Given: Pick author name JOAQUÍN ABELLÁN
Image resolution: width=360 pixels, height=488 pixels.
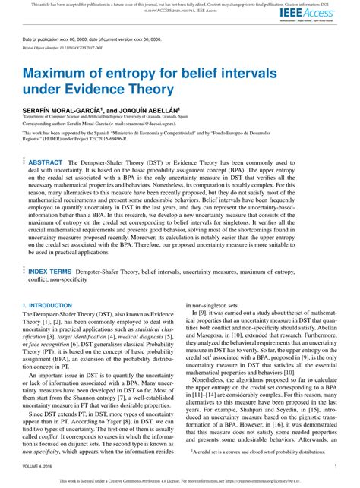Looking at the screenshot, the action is (x=149, y=110).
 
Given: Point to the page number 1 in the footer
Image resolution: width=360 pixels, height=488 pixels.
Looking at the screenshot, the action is (x=336, y=464).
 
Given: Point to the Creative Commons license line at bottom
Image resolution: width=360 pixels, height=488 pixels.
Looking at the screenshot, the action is (x=180, y=480).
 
